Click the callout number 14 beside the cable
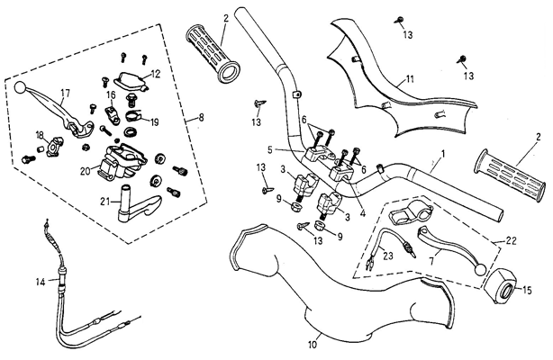pyautogui.click(x=40, y=282)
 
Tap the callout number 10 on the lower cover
pyautogui.click(x=313, y=344)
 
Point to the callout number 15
pyautogui.click(x=527, y=290)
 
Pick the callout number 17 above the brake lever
pyautogui.click(x=65, y=92)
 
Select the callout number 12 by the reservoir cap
pyautogui.click(x=155, y=74)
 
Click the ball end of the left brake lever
pyautogui.click(x=21, y=87)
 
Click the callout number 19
pyautogui.click(x=154, y=121)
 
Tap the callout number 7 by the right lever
pyautogui.click(x=431, y=259)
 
